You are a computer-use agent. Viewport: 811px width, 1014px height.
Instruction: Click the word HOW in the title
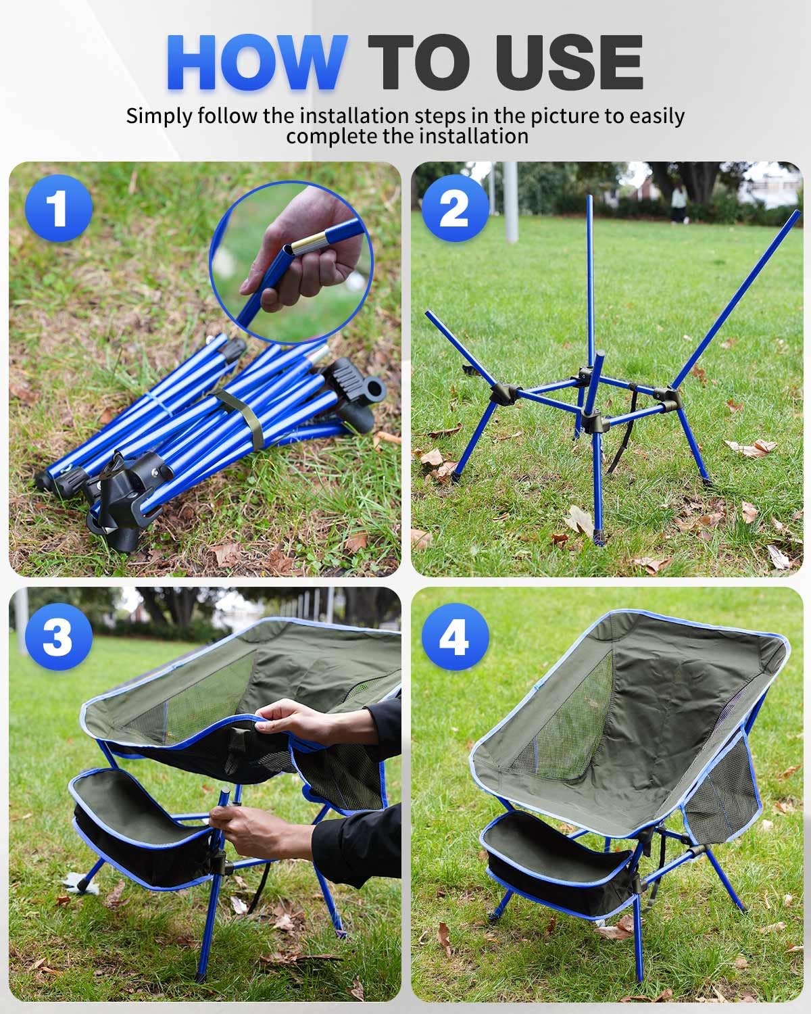click(257, 62)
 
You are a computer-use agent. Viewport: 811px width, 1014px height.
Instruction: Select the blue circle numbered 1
click(58, 208)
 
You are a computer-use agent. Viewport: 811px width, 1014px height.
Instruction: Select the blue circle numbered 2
click(454, 208)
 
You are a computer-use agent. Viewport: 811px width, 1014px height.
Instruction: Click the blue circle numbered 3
click(58, 637)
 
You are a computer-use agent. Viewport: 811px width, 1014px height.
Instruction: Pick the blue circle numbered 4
click(454, 637)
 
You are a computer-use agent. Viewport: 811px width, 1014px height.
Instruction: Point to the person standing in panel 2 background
click(679, 203)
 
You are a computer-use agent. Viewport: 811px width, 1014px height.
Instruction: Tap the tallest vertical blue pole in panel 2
click(590, 284)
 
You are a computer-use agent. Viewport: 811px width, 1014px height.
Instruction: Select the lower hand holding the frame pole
click(250, 828)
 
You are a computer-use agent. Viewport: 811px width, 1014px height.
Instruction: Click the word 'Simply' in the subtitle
click(159, 116)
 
